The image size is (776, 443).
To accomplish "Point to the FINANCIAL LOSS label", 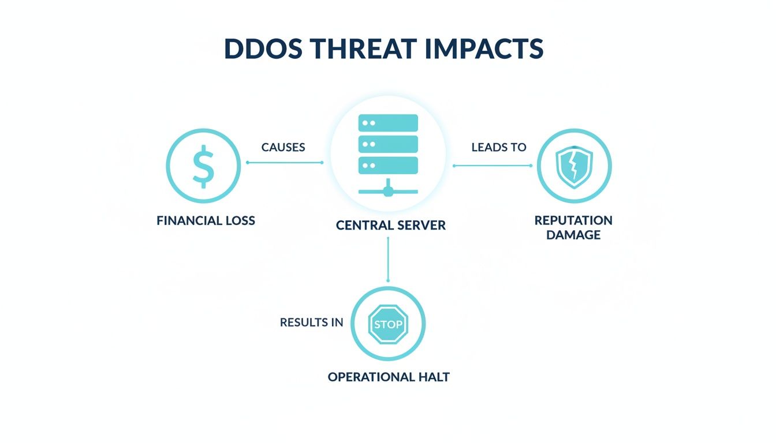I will click(206, 221).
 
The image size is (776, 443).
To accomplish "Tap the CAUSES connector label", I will click(283, 147).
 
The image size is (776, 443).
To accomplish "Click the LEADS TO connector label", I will click(499, 147).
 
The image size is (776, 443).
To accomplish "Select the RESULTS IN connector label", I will click(311, 322).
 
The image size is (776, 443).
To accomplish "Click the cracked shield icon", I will click(574, 167).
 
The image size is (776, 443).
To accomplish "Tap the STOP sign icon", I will click(388, 324).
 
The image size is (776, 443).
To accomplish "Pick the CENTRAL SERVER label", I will click(391, 226).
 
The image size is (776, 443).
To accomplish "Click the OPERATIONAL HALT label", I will click(389, 377).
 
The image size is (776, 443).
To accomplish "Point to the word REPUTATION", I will click(573, 220).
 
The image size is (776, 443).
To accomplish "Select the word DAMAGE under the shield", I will click(573, 235).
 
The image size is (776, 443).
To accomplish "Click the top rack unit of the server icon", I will click(388, 123).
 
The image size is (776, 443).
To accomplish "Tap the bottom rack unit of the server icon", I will click(388, 166).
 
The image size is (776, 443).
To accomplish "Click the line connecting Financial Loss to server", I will click(285, 163).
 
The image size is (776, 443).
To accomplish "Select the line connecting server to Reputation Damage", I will click(493, 166).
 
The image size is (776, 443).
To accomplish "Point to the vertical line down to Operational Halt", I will click(388, 259).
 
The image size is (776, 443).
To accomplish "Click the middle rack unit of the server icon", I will click(388, 144).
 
